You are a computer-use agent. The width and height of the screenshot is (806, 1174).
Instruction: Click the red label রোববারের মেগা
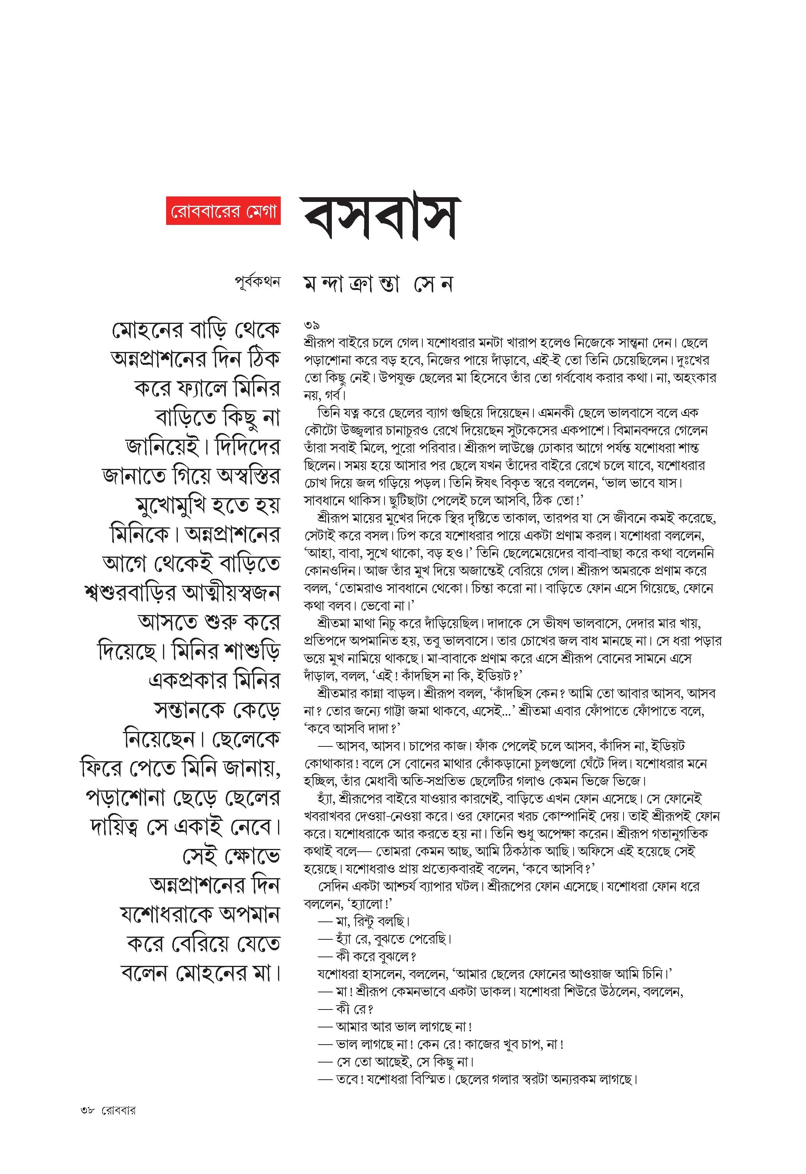[x=223, y=212]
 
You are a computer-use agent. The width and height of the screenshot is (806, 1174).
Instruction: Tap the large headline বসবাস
[x=381, y=218]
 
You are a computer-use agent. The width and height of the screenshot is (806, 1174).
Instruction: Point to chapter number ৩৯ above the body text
[x=312, y=325]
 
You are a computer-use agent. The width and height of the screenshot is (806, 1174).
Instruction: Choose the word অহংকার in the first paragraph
[x=692, y=378]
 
